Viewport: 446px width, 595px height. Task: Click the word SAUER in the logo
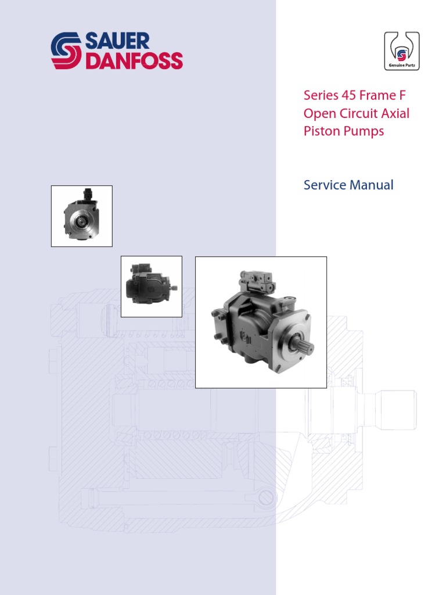coord(117,41)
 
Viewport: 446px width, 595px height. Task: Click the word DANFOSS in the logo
coord(134,60)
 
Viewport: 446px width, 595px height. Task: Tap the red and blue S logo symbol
coord(66,51)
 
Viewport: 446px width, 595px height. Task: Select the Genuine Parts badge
coord(401,51)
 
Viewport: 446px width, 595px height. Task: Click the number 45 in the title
coord(355,95)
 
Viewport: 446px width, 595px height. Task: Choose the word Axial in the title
coord(396,113)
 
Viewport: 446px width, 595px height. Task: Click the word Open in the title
coord(318,113)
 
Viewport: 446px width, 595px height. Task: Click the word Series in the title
coord(321,95)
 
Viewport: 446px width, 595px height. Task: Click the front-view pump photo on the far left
coord(82,216)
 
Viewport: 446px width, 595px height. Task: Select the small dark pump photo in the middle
coord(151,286)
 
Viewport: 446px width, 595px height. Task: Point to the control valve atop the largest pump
coord(258,284)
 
